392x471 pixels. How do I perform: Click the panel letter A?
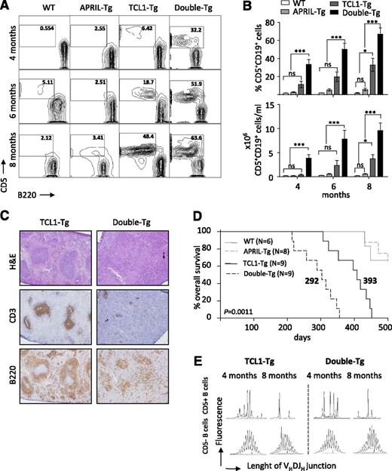tap(6, 7)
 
